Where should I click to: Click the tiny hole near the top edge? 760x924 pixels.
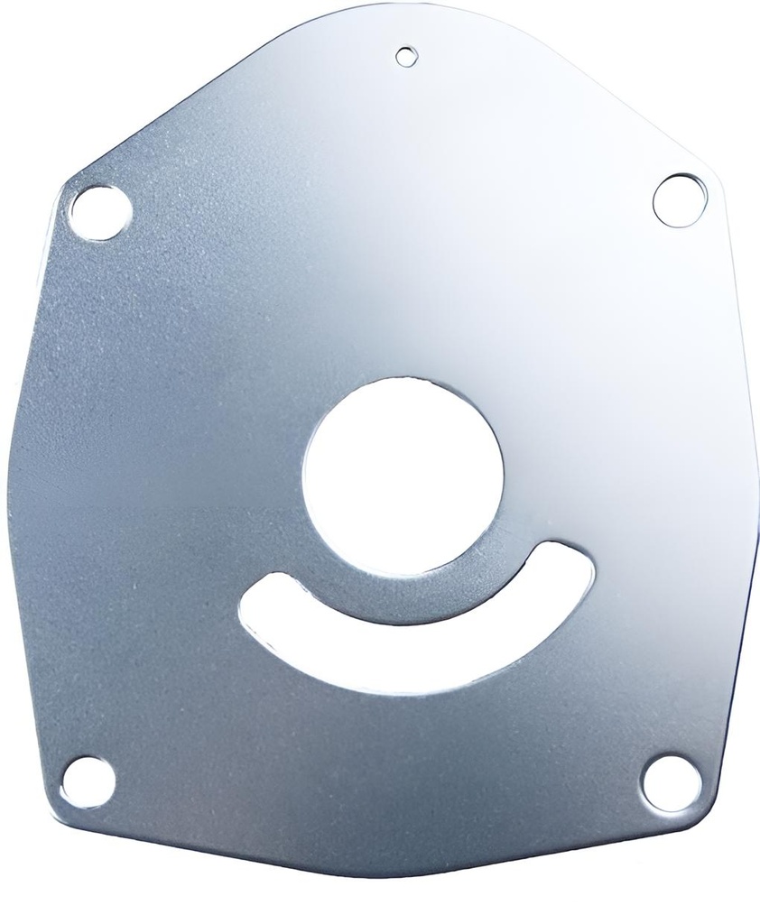click(x=407, y=56)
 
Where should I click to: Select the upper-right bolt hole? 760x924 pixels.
click(x=678, y=199)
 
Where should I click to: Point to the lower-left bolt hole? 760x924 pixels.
click(x=88, y=781)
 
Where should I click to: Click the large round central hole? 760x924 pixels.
click(x=403, y=476)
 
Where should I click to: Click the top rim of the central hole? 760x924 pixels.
click(x=403, y=380)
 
